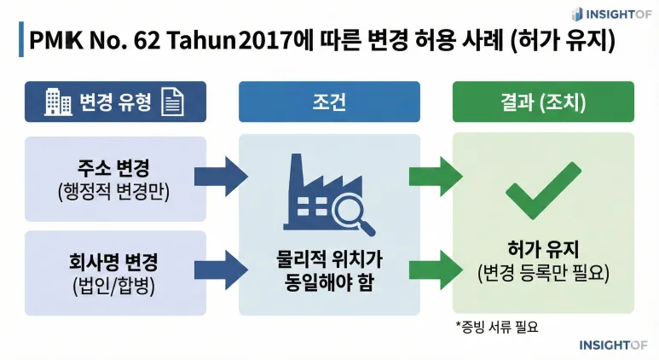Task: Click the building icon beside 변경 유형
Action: click(x=58, y=103)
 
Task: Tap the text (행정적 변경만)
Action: click(x=115, y=191)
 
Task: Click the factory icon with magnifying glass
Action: click(x=328, y=194)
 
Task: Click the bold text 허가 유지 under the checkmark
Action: click(x=543, y=250)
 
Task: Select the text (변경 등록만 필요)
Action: click(x=543, y=275)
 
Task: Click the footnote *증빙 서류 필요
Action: click(x=498, y=326)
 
